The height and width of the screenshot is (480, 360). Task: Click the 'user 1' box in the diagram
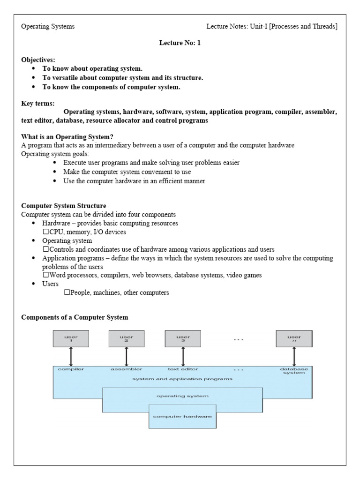point(70,339)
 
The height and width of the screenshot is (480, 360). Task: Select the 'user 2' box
point(127,339)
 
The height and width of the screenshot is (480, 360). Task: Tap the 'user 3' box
point(183,339)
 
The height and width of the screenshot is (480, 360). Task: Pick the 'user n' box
point(294,339)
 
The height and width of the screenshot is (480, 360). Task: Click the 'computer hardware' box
point(182,416)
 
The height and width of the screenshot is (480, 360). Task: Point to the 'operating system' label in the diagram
point(182,396)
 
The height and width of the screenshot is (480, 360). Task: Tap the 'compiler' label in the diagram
point(70,369)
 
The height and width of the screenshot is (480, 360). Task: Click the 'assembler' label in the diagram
point(126,369)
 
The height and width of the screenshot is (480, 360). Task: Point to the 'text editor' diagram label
point(182,369)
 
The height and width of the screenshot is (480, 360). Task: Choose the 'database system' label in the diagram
point(294,371)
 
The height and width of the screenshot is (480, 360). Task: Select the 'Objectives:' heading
point(38,60)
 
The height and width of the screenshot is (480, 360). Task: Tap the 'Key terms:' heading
point(37,103)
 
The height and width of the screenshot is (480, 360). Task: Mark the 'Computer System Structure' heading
point(64,206)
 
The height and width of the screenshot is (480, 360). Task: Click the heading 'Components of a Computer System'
point(75,317)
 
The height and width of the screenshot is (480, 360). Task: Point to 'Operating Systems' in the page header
point(48,27)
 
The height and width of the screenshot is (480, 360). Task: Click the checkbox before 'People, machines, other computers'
point(67,292)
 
